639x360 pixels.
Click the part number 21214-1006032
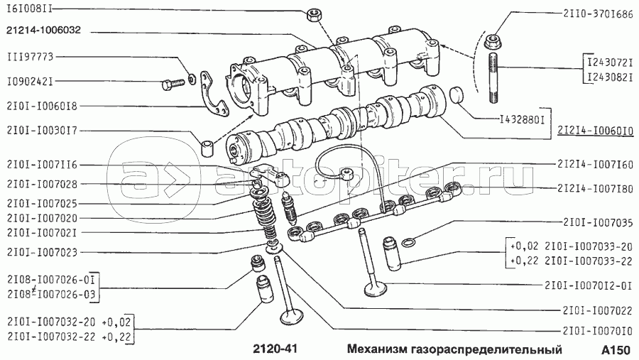(43, 30)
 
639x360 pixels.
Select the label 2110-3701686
(599, 14)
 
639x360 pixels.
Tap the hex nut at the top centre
(313, 15)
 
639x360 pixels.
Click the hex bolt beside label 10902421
(173, 84)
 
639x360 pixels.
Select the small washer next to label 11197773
(192, 77)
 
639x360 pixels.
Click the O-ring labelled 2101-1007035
(409, 243)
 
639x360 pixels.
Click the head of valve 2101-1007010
(291, 317)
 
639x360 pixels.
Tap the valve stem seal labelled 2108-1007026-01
(258, 263)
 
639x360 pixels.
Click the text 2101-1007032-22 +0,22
(69, 337)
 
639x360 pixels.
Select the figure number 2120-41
(275, 349)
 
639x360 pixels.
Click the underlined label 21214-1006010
(596, 131)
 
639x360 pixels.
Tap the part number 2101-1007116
(42, 165)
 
